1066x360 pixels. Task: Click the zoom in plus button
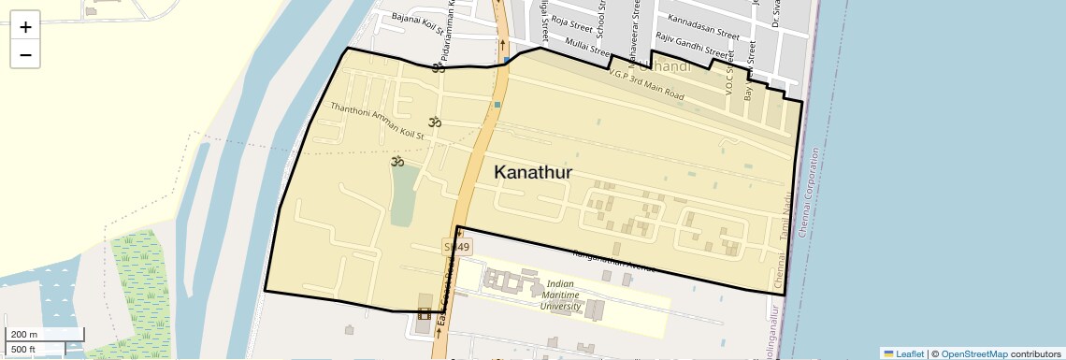25,27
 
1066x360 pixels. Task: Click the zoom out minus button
25,54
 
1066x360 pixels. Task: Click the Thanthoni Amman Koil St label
377,121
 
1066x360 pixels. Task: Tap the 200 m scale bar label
25,335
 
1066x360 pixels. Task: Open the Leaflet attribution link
903,353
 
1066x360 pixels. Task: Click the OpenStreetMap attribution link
973,353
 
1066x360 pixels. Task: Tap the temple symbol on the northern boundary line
438,67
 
